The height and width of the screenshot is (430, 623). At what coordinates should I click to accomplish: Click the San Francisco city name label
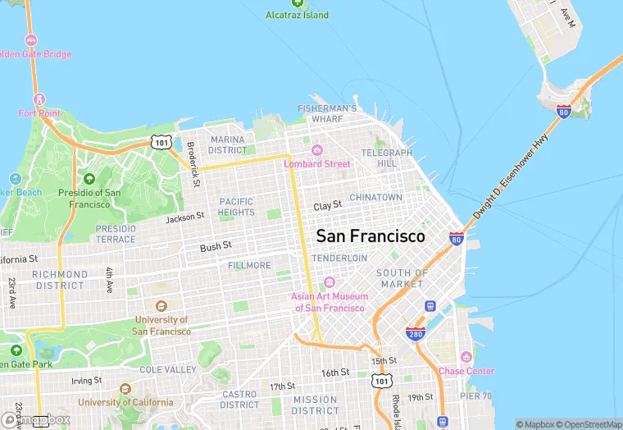point(371,236)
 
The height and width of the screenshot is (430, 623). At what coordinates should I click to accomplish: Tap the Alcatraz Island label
point(298,15)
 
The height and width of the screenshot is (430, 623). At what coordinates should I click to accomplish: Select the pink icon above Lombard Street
point(316,150)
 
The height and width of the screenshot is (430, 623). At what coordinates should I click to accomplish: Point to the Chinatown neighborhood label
point(375,198)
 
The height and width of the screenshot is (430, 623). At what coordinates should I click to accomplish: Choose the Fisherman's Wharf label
point(327,113)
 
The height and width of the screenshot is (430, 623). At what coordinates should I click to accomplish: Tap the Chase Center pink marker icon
point(466,358)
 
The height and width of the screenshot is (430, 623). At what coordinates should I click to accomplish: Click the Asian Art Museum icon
point(330,282)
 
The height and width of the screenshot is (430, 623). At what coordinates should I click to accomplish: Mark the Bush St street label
point(216,246)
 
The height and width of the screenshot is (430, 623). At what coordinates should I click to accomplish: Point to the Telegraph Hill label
point(387,158)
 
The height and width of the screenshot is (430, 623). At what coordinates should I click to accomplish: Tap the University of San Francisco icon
point(161,306)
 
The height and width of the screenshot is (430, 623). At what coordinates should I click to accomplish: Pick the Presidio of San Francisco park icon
point(89,179)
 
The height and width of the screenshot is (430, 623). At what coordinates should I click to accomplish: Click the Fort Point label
point(39,113)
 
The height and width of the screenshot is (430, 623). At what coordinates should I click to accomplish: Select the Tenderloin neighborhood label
point(339,258)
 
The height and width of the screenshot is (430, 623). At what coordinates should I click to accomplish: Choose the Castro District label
point(240,400)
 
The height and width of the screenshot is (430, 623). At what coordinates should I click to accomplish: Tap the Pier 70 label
point(475,396)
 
